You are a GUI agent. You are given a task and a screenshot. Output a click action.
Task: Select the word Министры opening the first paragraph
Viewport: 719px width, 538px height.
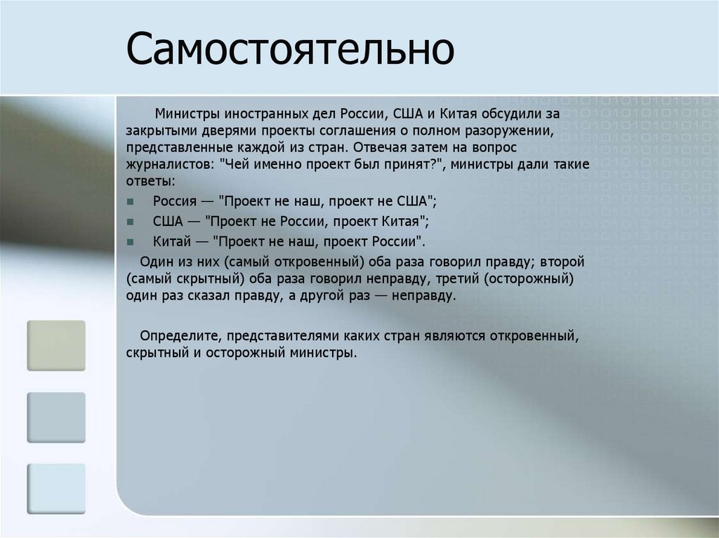pyautogui.click(x=186, y=113)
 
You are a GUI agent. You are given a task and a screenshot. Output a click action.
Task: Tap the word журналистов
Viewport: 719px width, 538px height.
pyautogui.click(x=166, y=166)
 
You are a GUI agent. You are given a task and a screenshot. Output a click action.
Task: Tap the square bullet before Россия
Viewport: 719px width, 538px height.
pyautogui.click(x=131, y=201)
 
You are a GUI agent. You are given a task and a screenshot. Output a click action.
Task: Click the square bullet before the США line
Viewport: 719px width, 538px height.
pyautogui.click(x=131, y=222)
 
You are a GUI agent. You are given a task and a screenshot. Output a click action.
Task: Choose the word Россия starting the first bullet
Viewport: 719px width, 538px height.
pyautogui.click(x=175, y=201)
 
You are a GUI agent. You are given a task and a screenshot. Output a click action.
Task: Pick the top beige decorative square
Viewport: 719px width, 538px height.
pyautogui.click(x=56, y=345)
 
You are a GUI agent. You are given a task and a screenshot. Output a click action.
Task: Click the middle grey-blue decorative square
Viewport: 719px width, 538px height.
pyautogui.click(x=56, y=417)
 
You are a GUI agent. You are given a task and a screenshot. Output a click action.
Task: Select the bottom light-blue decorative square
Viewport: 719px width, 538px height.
pyautogui.click(x=56, y=489)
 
